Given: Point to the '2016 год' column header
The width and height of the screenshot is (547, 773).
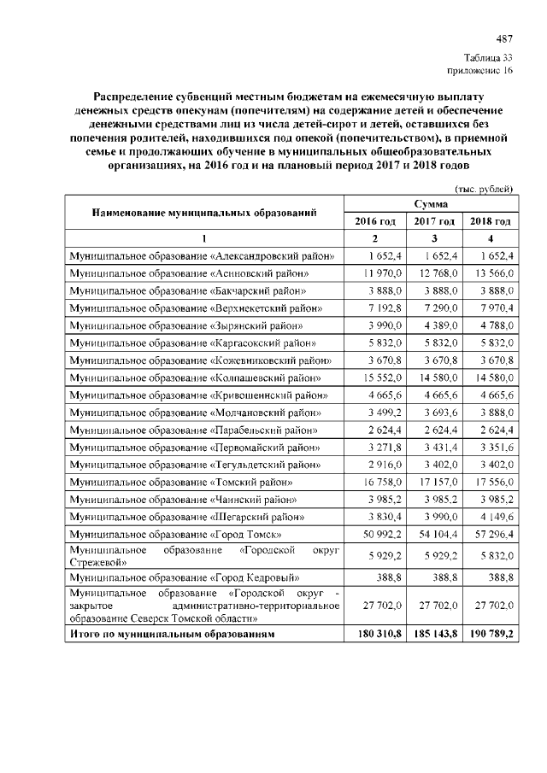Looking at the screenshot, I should pos(375,221).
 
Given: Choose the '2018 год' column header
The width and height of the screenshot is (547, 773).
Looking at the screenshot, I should pos(491,221).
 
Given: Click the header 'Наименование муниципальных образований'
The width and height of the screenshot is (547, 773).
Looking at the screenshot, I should pos(205,213).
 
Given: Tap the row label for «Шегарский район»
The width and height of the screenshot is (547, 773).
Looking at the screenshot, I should pos(189,517).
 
